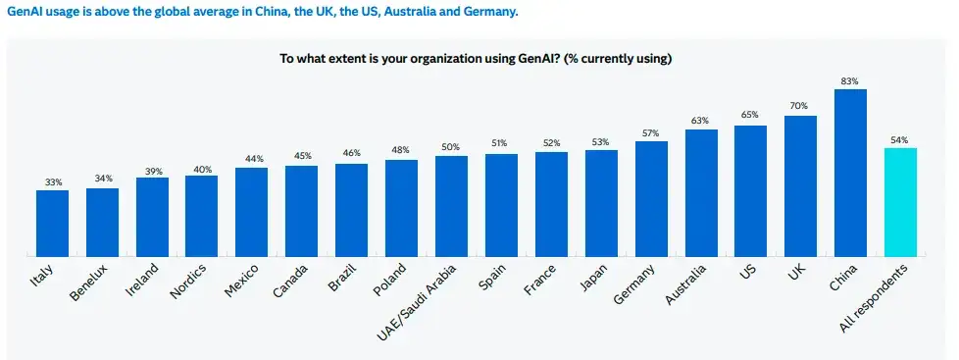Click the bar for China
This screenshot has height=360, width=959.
(850, 173)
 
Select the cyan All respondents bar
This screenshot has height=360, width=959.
(900, 202)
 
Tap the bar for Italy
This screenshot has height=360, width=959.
(53, 224)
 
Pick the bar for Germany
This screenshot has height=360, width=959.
(651, 199)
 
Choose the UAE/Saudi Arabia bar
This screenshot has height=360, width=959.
(451, 206)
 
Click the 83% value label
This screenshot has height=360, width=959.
(850, 80)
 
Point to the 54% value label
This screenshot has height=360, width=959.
(900, 139)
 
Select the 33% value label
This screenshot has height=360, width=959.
(53, 181)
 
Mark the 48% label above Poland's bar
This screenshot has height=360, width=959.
(402, 150)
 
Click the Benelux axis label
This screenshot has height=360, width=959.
(89, 282)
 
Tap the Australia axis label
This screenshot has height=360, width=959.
(686, 283)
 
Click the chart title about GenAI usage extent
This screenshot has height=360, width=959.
(476, 59)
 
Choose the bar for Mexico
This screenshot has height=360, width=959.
(251, 212)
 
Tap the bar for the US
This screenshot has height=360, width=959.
(750, 191)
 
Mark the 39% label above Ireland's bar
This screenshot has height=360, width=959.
(152, 169)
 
